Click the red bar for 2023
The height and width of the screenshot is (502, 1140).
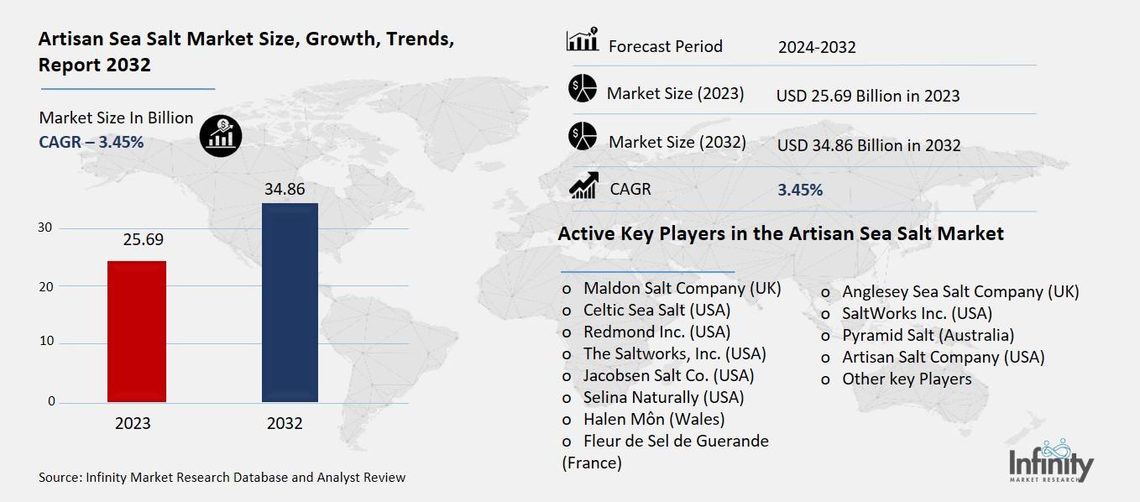click(x=137, y=331)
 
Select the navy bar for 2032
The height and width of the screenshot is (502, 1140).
click(x=290, y=302)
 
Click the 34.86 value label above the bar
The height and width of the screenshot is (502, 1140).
click(x=285, y=189)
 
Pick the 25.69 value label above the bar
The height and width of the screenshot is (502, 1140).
click(x=143, y=240)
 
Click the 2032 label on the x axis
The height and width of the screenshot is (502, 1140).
click(x=285, y=423)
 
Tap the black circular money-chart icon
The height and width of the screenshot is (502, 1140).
click(x=221, y=135)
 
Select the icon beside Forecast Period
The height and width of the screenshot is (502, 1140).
click(x=582, y=41)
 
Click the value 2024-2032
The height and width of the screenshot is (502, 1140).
click(x=817, y=47)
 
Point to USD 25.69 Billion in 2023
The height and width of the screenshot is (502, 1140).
click(x=867, y=96)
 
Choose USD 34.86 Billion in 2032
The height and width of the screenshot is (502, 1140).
click(x=868, y=145)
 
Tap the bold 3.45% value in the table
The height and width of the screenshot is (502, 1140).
click(x=799, y=190)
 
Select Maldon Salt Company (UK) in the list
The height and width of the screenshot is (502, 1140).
click(x=682, y=288)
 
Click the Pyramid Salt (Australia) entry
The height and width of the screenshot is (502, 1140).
click(x=928, y=335)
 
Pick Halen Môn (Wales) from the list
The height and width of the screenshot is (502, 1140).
click(x=653, y=418)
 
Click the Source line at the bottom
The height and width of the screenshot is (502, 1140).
click(x=222, y=478)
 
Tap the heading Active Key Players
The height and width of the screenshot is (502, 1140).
click(x=780, y=233)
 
